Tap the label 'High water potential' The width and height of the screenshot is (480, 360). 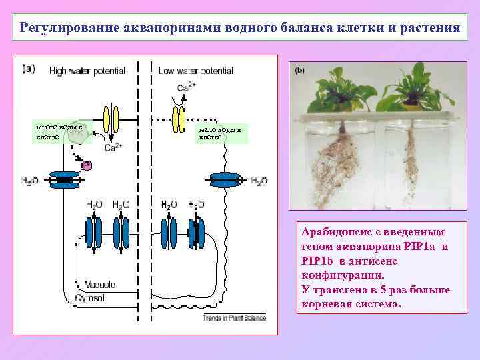point(82,70)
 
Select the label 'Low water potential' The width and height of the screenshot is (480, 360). point(195,70)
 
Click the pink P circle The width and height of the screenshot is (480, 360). point(85,164)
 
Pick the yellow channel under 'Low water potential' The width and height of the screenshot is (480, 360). point(179,120)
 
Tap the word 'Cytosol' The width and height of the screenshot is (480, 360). point(89,297)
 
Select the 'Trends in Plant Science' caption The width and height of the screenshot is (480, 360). point(234,318)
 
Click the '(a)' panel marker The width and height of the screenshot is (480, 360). point(29,67)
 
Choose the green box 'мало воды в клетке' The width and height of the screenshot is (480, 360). point(221,132)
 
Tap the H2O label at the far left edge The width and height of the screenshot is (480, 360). point(31,180)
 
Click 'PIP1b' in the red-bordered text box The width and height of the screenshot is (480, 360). point(315,261)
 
